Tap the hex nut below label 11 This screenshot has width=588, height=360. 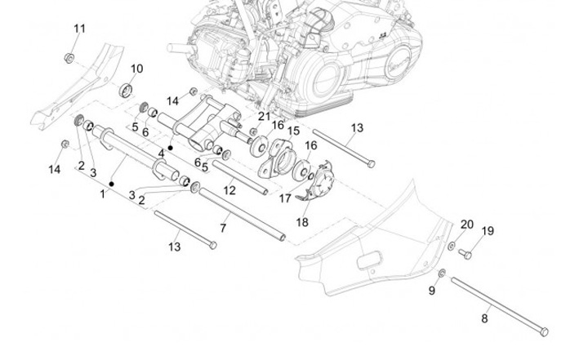(x=71, y=57)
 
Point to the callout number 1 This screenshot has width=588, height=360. (x=103, y=193)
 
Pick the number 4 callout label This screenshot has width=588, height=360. (x=162, y=152)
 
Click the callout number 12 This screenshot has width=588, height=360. (x=229, y=189)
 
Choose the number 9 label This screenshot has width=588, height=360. (x=433, y=291)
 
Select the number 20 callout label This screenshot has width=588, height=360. (x=466, y=224)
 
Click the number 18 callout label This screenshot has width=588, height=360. (x=301, y=221)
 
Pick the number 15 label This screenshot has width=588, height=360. (x=294, y=131)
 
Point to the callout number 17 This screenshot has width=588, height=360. (x=285, y=197)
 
